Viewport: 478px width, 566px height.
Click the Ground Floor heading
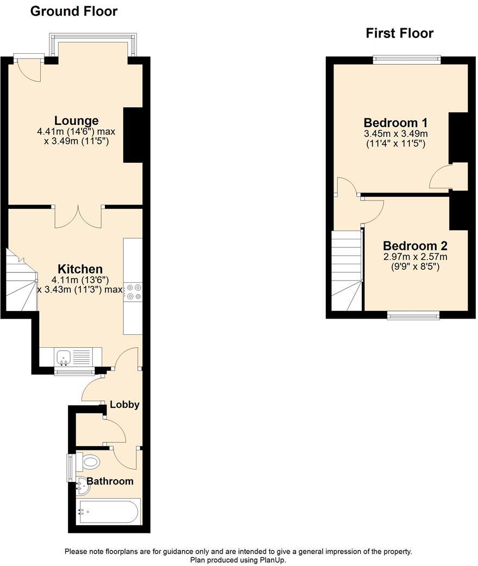pos(74,11)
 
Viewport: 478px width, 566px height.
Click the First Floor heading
pos(399,34)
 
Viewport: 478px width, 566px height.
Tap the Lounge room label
pos(76,120)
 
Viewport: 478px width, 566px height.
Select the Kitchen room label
pos(80,269)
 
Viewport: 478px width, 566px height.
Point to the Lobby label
pos(124,405)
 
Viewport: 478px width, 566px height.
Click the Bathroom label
pos(110,481)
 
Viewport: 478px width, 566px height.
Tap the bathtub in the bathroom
pos(109,511)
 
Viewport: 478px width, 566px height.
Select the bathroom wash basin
pos(82,486)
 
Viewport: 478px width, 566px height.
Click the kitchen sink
pos(64,357)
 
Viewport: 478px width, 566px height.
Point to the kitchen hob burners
pos(133,292)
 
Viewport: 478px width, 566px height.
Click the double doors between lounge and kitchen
pos(78,216)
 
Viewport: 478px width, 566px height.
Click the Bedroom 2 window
pos(413,315)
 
